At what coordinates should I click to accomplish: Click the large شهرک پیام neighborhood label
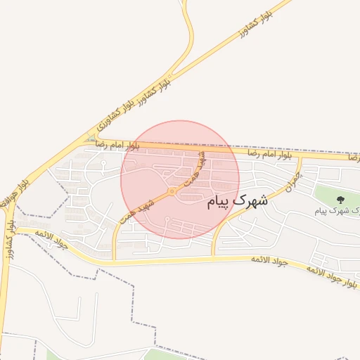pos(238,201)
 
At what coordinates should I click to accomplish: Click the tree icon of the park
pos(340,200)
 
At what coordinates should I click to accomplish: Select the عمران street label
pos(290,184)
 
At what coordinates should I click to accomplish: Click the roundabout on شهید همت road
pos(172,191)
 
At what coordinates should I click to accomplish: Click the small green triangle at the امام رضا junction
pos(91,136)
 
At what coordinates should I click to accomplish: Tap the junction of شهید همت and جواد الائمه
pos(115,259)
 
